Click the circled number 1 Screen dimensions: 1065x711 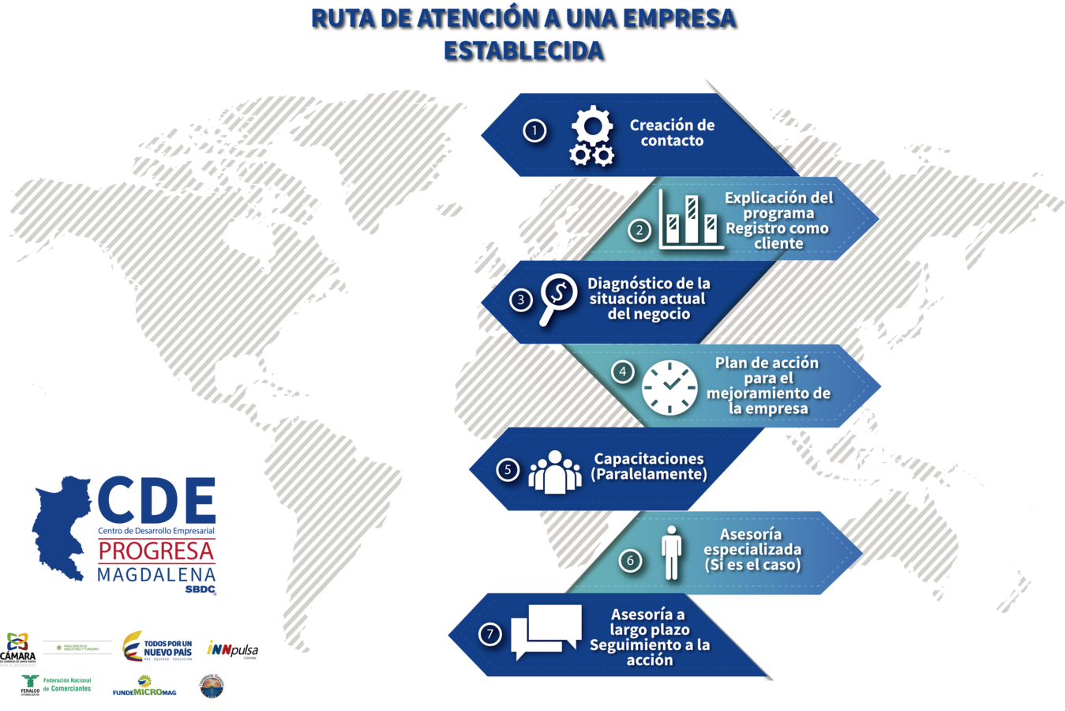(x=534, y=130)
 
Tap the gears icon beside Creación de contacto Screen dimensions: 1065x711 (x=592, y=137)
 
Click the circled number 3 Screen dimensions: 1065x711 (x=520, y=300)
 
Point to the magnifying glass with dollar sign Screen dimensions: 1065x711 (x=557, y=298)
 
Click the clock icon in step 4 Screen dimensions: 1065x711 (x=669, y=387)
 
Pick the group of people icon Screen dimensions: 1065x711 (x=555, y=472)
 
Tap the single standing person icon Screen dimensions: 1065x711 (x=671, y=552)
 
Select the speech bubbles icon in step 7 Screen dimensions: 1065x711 (x=546, y=631)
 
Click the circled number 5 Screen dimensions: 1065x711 (x=508, y=469)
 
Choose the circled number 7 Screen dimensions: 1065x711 (x=490, y=634)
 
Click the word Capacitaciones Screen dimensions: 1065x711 (x=648, y=458)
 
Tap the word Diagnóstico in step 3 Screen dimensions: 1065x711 (x=621, y=283)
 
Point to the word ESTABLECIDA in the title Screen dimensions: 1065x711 (x=523, y=50)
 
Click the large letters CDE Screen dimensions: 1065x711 (x=157, y=499)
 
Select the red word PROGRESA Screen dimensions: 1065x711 (x=156, y=551)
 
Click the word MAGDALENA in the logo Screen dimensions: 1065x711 (x=156, y=574)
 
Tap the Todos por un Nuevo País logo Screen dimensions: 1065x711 (x=158, y=646)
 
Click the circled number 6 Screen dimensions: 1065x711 (x=630, y=561)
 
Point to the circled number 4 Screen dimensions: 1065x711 (x=623, y=371)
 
